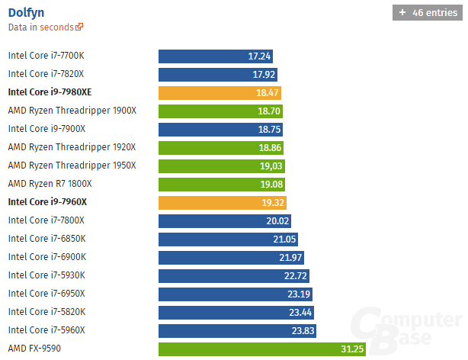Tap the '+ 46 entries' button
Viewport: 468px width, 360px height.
pyautogui.click(x=425, y=13)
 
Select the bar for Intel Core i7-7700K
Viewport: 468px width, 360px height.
pyautogui.click(x=216, y=56)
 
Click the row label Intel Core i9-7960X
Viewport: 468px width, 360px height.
pyautogui.click(x=47, y=202)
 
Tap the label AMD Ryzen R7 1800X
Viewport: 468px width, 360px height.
pyautogui.click(x=50, y=184)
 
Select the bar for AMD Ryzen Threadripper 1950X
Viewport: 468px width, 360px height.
pyautogui.click(x=223, y=166)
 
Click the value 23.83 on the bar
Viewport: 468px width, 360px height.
pyautogui.click(x=301, y=331)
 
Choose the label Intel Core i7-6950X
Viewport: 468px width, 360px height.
pyautogui.click(x=46, y=294)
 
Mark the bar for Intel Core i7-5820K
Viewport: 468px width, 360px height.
pyautogui.click(x=236, y=312)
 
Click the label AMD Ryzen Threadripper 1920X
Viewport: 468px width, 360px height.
pyautogui.click(x=72, y=147)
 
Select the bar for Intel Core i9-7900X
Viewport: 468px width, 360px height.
pyautogui.click(x=222, y=129)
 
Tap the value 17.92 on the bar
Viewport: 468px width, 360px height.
pyautogui.click(x=263, y=75)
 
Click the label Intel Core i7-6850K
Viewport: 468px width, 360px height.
pyautogui.click(x=47, y=239)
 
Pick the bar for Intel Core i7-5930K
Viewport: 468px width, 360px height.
pyautogui.click(x=233, y=275)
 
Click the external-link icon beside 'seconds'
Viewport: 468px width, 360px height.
pyautogui.click(x=80, y=27)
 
